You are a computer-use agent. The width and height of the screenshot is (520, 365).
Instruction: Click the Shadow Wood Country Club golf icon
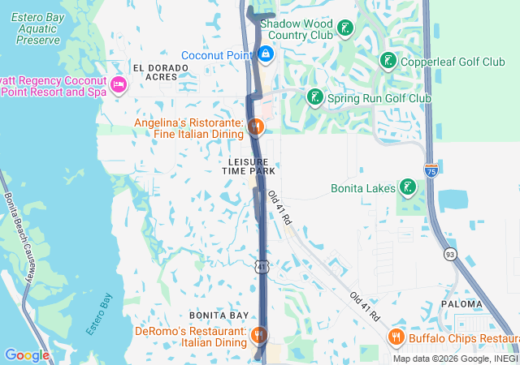[x=345, y=30]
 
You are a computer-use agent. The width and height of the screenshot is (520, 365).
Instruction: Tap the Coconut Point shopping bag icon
[x=265, y=54]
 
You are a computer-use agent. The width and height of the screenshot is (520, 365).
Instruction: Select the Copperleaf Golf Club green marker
[x=388, y=61]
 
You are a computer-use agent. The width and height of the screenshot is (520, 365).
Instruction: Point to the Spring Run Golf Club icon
[x=314, y=98]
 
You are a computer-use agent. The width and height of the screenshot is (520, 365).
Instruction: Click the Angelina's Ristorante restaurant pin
[x=255, y=127]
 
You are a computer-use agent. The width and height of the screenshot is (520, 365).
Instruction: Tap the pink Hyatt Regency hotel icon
[x=119, y=85]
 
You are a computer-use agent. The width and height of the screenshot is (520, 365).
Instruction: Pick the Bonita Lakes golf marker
[x=407, y=188]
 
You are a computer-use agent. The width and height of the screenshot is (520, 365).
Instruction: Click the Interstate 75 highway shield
[x=431, y=170]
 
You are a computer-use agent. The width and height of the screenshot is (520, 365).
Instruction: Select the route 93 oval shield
[x=449, y=255]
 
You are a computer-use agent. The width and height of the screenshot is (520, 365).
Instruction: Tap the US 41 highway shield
[x=259, y=265]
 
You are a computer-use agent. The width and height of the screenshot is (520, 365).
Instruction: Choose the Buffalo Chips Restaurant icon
[x=396, y=337]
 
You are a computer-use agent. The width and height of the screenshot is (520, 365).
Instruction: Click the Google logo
[x=27, y=355]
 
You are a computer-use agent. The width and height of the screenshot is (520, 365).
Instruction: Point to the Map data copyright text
[x=455, y=359]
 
